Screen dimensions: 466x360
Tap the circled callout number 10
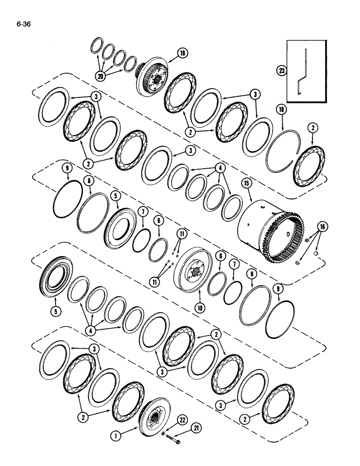[200, 308]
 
